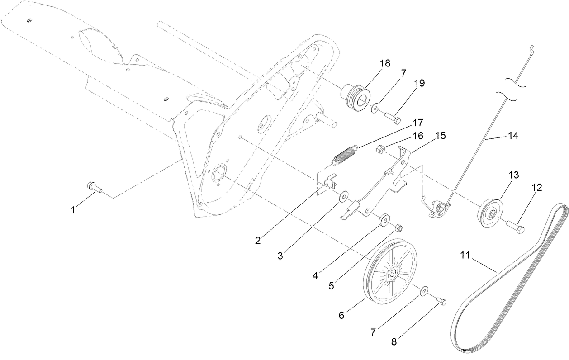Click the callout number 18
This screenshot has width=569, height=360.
click(x=385, y=63)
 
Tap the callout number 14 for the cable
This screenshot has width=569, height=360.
click(x=513, y=135)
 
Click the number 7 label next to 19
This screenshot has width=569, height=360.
click(x=403, y=72)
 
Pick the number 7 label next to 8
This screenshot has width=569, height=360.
click(x=374, y=332)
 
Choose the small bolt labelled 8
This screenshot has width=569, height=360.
click(x=441, y=301)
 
